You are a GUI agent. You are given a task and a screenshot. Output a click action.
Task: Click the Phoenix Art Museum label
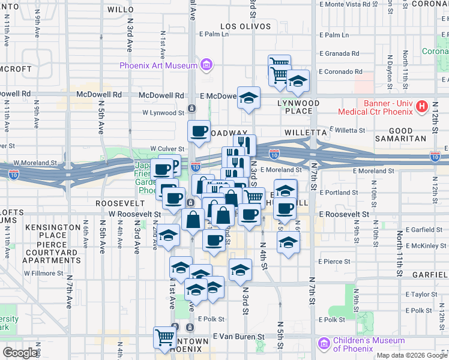click(158, 65)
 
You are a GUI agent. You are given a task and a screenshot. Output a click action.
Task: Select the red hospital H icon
click(422, 107)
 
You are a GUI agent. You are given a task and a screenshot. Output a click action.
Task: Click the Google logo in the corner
click(20, 352)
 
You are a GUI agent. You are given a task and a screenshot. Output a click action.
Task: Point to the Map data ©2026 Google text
click(411, 355)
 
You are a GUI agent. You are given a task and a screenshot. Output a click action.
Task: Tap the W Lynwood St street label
click(163, 112)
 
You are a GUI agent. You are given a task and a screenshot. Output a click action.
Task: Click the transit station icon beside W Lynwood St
click(191, 109)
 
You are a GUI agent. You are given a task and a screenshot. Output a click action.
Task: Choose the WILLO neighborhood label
click(121, 10)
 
